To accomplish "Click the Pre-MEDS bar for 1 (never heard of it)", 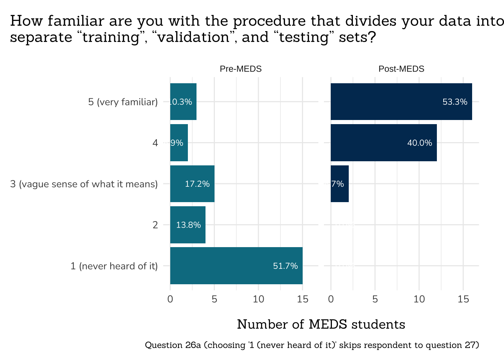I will (236, 265).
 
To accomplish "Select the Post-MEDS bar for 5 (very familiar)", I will (401, 102).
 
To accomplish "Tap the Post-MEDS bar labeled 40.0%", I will (384, 142).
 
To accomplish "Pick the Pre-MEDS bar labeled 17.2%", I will (192, 184).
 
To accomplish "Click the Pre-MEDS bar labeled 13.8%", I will (187, 225).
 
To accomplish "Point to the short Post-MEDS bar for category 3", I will (340, 184).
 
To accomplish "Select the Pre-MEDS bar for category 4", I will (179, 142).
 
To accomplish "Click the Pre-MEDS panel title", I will (241, 69).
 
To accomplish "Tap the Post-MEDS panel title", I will (401, 69).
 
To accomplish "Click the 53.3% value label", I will (455, 102).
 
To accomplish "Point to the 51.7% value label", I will (285, 266).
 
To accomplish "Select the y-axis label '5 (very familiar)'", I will (123, 102).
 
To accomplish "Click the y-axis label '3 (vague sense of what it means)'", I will (84, 184).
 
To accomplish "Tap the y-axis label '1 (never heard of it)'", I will (114, 266).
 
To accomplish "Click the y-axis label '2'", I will (155, 225).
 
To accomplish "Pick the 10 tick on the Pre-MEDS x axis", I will (258, 299).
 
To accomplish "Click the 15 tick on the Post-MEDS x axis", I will (463, 299).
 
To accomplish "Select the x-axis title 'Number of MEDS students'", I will (321, 324).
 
